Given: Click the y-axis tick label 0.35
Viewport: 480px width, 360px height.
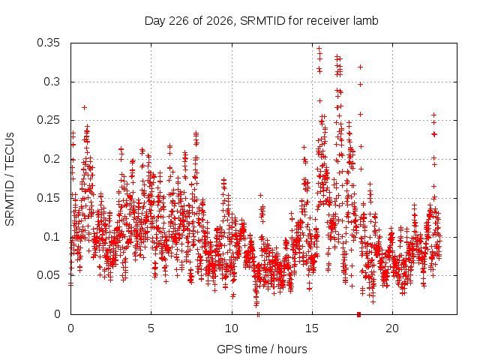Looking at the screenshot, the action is coord(48,43).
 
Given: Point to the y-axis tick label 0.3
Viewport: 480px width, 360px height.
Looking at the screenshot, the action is coord(52,82).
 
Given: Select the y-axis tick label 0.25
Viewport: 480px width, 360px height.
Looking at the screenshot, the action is coord(48,120).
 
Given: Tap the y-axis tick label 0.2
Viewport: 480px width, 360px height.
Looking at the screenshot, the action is coord(52,159).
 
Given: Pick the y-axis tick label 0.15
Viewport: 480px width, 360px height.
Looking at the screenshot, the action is coord(48,198).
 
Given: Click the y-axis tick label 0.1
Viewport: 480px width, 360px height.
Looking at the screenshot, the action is coord(52,237).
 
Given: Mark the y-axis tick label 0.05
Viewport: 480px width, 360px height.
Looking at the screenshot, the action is coord(48,275).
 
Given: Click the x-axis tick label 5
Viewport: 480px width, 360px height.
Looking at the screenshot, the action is coord(151,328).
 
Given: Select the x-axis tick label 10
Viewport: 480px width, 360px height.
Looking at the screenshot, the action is coord(232,328).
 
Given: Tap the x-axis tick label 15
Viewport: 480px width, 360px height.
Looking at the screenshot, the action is coord(312,328).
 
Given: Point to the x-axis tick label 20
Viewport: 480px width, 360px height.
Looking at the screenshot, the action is coord(392,328).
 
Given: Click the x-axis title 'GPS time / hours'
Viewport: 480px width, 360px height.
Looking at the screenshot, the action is coord(262,349).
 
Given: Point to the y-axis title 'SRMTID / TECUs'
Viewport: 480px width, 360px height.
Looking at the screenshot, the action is coord(10,179).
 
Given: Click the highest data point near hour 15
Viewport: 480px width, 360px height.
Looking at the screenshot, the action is coord(319,48).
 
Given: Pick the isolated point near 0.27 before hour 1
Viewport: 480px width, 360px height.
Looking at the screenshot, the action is coord(85,107).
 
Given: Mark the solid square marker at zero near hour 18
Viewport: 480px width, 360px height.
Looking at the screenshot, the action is coord(358,314).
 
